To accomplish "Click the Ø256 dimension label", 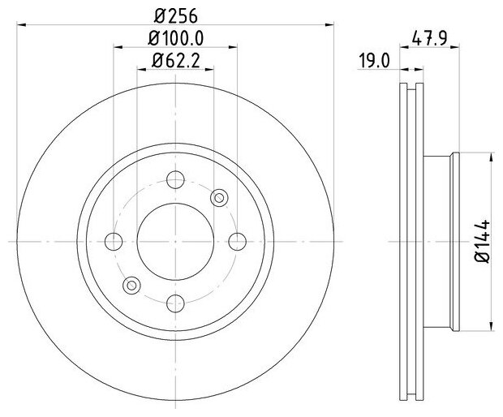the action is tap(175, 16).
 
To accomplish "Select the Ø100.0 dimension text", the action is tap(175, 38).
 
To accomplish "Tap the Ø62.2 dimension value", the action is tap(176, 60).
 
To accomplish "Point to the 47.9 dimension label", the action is tap(429, 38).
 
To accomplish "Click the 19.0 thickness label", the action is tap(374, 61).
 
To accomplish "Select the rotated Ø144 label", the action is tap(482, 241).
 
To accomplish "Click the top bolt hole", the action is tap(175, 179).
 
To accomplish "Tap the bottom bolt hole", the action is tap(175, 303).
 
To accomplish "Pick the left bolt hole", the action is tap(114, 242).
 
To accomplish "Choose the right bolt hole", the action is tap(238, 242).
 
